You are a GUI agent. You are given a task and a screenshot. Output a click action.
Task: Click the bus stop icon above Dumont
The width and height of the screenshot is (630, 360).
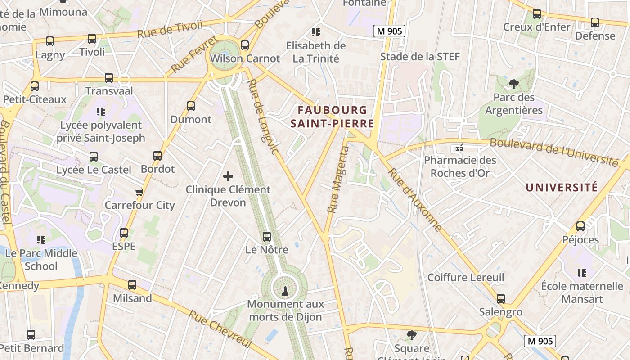(x=191, y=106)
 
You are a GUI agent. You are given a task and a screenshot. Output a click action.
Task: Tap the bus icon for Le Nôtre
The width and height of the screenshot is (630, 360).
(x=267, y=236)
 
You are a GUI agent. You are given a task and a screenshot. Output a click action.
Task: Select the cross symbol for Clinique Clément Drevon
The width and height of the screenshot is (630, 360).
(x=228, y=176)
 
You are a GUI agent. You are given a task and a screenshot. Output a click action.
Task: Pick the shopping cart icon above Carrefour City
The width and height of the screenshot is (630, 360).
(x=139, y=192)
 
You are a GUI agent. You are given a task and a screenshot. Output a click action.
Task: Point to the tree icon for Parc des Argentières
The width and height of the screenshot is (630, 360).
(x=513, y=84)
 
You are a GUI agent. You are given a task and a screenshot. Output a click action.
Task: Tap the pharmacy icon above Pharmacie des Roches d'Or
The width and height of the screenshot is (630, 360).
(x=459, y=148)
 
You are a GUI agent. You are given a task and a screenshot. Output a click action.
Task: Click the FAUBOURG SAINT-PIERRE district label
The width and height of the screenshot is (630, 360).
(x=333, y=117)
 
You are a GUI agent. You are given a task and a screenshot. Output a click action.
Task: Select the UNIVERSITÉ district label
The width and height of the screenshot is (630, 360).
(x=562, y=187)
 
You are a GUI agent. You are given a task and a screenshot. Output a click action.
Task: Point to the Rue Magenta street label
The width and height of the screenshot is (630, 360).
(x=338, y=180)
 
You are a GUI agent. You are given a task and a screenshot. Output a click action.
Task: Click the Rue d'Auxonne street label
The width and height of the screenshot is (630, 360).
(x=415, y=200)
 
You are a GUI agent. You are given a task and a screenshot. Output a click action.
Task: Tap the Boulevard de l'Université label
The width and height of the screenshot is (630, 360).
(x=553, y=152)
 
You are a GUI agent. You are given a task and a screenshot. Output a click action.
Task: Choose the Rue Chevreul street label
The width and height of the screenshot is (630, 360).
(x=220, y=329)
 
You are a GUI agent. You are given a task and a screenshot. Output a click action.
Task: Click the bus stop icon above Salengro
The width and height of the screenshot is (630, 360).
(x=500, y=298)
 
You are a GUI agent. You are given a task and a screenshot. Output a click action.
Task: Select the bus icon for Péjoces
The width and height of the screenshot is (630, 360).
(x=580, y=226)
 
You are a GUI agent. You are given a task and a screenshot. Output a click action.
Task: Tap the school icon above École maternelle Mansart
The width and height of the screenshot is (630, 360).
(x=582, y=273)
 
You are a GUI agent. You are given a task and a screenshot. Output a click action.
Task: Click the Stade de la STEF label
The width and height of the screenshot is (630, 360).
(x=420, y=57)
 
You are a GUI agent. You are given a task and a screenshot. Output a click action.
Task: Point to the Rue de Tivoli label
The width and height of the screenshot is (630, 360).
(x=170, y=30)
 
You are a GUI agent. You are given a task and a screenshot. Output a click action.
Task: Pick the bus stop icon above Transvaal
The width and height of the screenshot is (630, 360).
(x=109, y=77)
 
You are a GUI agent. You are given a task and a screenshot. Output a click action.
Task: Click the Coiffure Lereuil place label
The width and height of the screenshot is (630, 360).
(x=466, y=277)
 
